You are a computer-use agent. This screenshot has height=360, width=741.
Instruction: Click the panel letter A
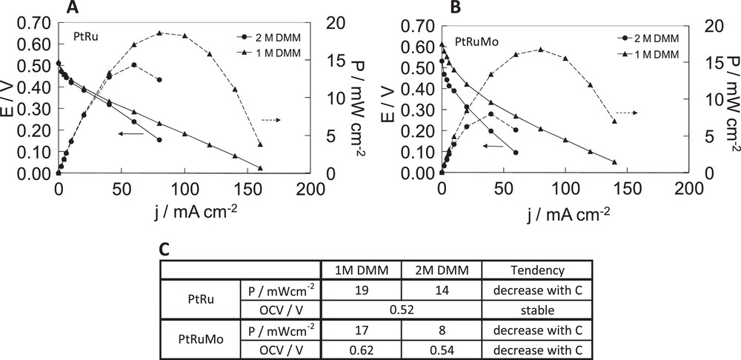point(73,8)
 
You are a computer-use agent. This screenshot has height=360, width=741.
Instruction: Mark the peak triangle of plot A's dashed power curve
point(159,33)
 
